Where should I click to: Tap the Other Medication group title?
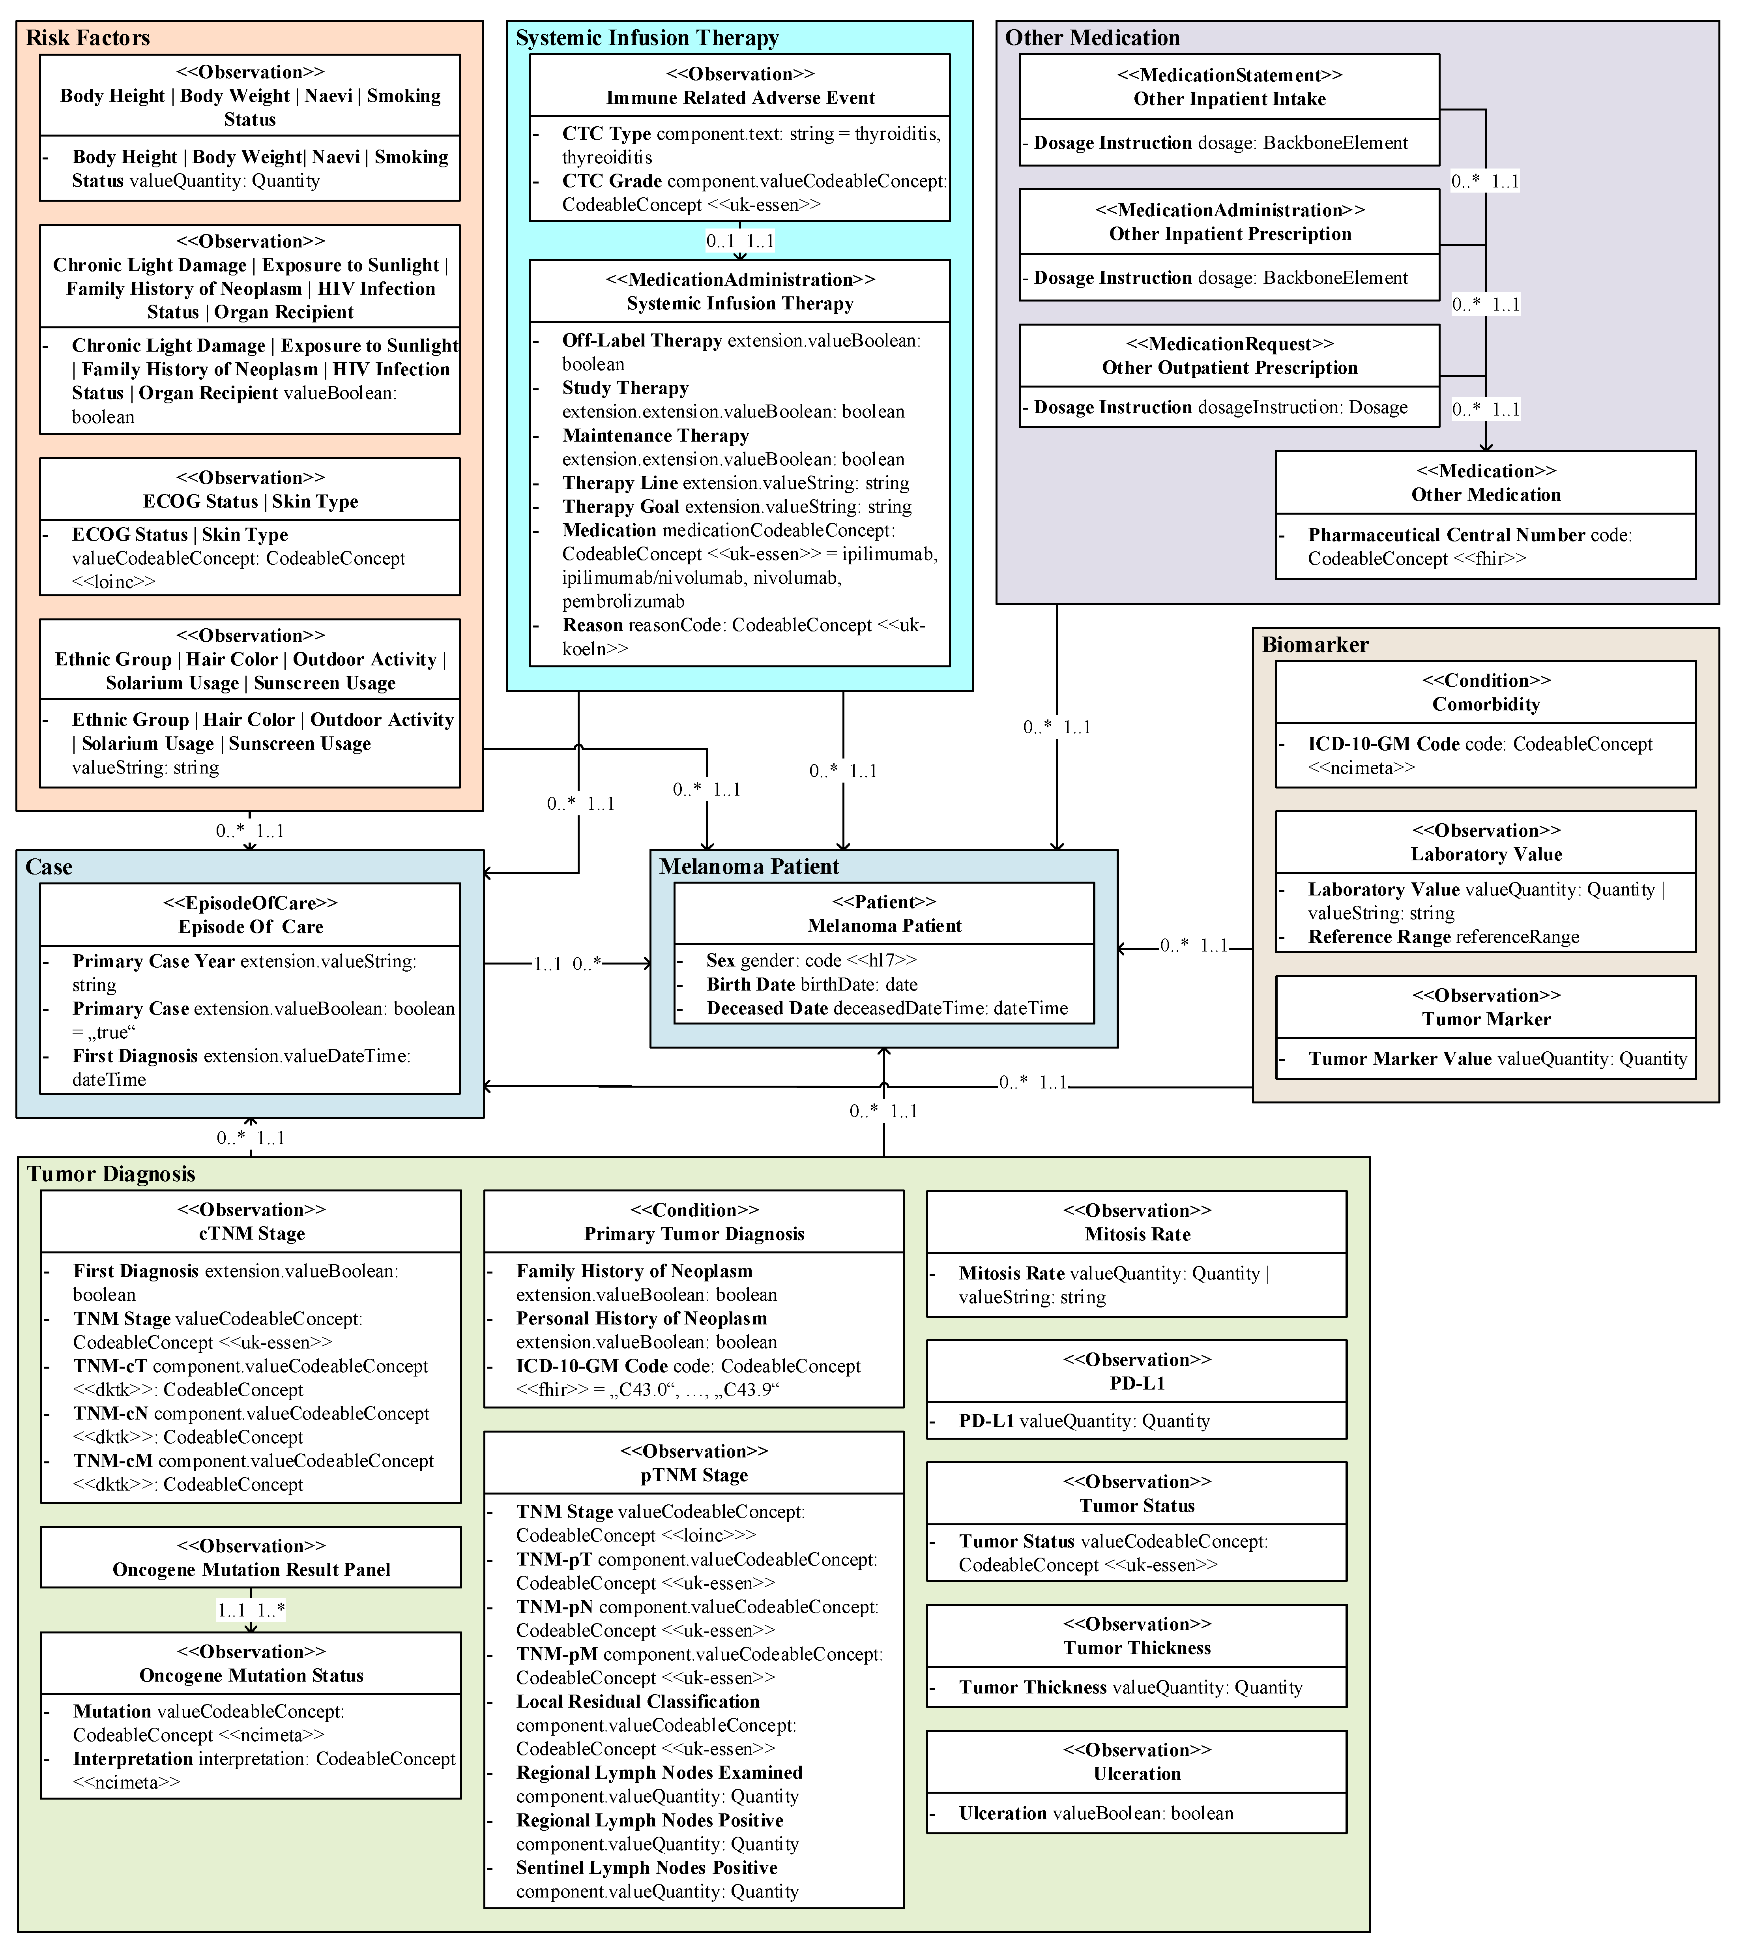click(x=1092, y=38)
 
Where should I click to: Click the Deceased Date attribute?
click(x=887, y=1009)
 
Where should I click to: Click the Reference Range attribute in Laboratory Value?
click(x=1443, y=936)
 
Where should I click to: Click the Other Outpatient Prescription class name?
click(x=1230, y=368)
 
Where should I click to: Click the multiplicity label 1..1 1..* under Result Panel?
click(x=251, y=1610)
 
